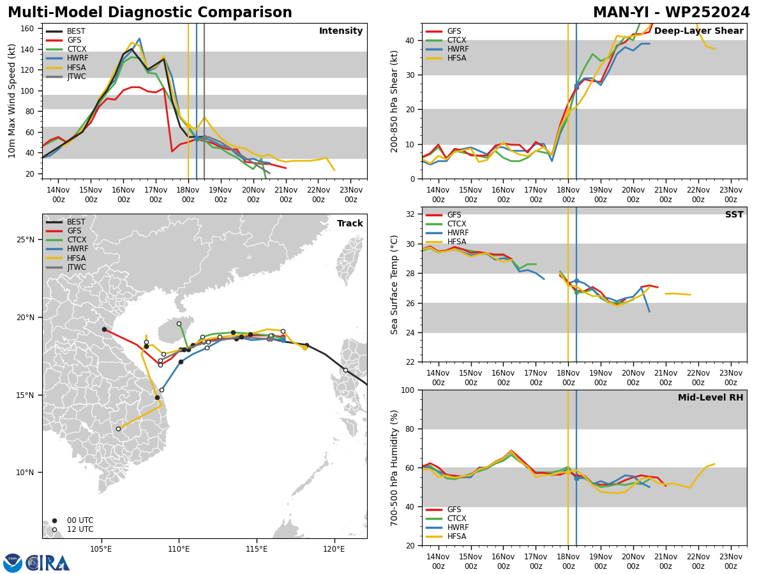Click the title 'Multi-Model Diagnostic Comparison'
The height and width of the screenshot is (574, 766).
(150, 13)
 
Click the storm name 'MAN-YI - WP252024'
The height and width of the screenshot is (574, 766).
(671, 13)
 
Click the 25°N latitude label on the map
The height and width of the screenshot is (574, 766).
(26, 240)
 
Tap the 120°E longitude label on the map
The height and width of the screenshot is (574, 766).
(334, 550)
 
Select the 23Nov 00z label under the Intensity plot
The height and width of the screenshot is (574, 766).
(350, 195)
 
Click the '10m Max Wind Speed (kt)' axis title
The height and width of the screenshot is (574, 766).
(12, 101)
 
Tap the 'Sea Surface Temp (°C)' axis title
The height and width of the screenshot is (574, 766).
(394, 285)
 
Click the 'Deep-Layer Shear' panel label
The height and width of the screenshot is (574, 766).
(698, 31)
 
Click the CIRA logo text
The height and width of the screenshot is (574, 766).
(47, 563)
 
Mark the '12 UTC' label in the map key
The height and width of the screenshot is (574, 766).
(80, 529)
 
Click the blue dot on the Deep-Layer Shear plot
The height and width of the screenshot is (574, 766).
(576, 85)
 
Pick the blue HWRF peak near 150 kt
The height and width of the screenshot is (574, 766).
(139, 39)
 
